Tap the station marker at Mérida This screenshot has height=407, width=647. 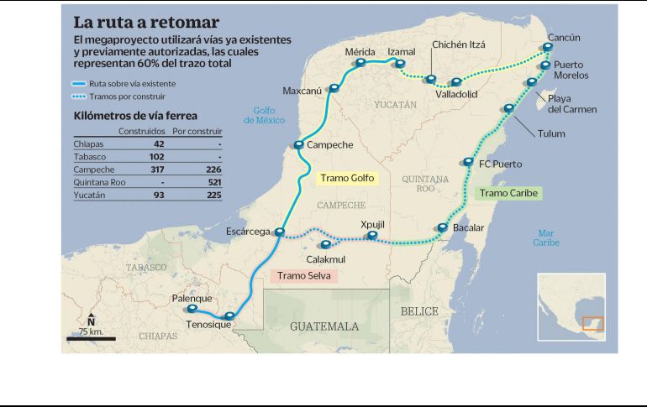360,62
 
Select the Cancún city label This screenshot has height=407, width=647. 563,38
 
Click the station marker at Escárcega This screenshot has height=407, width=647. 280,232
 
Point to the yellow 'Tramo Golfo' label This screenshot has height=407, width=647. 348,178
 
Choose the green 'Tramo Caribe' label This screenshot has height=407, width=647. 508,193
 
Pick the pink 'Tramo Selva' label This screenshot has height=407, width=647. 305,275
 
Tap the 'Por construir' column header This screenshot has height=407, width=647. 197,132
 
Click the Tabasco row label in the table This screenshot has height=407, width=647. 82,156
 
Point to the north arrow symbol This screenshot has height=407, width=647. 91,320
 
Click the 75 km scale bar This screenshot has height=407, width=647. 91,338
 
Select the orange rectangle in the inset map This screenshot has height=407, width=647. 592,323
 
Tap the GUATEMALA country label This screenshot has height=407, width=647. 324,326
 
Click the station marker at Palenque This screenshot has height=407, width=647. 192,308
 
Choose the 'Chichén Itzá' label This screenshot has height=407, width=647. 459,44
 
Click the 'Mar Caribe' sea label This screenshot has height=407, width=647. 545,237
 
